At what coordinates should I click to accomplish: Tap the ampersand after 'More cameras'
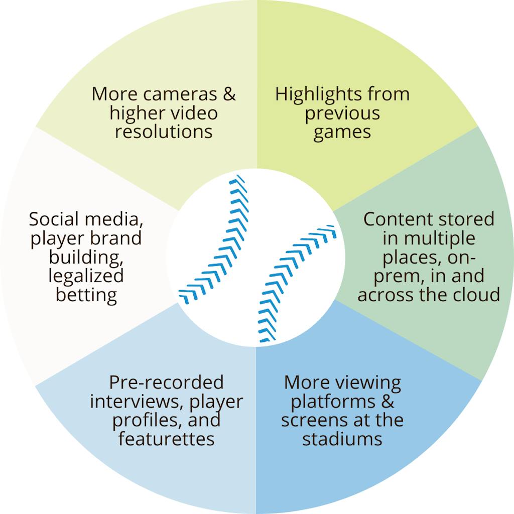229,94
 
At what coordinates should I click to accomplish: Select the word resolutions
164,132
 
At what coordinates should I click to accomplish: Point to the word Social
54,219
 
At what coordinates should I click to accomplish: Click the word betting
86,294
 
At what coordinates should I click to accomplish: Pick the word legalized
86,276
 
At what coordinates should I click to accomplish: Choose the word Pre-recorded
166,382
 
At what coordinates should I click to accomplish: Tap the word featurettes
166,439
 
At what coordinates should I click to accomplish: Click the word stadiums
342,439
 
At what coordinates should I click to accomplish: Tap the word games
342,132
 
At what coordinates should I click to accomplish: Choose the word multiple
440,238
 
